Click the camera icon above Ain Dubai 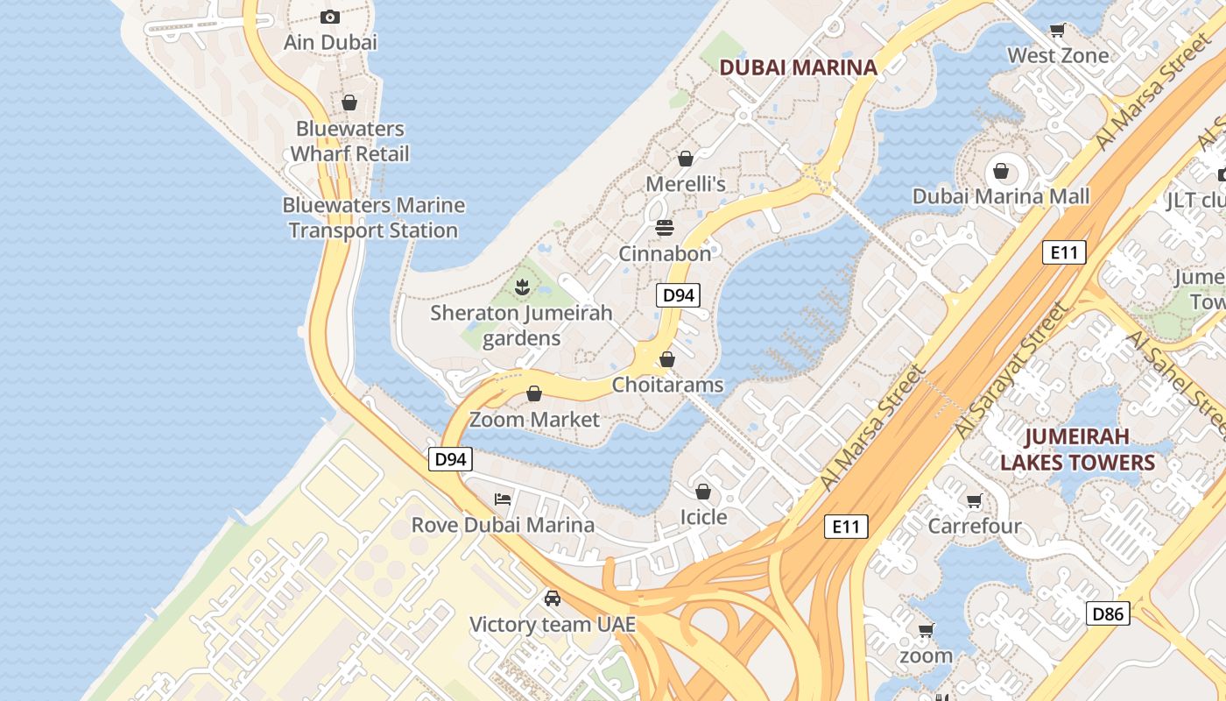(x=330, y=17)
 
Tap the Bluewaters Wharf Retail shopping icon (x=349, y=103)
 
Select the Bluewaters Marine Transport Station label (x=374, y=217)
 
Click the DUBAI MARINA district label (x=798, y=67)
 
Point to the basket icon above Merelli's (x=686, y=159)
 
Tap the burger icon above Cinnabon (x=665, y=229)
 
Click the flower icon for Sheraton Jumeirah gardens (x=522, y=286)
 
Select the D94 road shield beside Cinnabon (x=678, y=295)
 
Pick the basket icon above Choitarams (x=667, y=359)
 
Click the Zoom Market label (x=535, y=419)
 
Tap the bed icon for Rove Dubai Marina (x=503, y=499)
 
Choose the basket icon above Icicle (x=703, y=492)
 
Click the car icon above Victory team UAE (x=553, y=598)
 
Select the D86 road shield (x=1108, y=613)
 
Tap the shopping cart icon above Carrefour (x=974, y=501)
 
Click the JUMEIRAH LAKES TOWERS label (x=1078, y=450)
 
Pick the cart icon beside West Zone (x=1058, y=31)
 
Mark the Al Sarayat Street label (x=1013, y=372)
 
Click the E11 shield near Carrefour (x=846, y=527)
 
